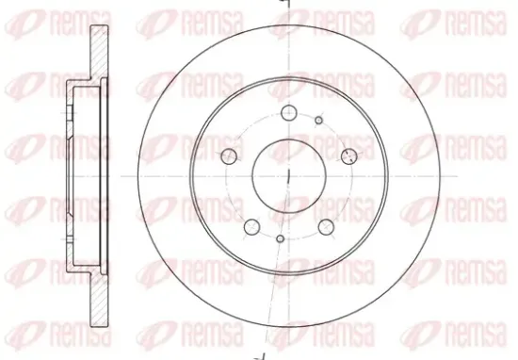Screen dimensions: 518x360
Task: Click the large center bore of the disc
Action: (x=289, y=176)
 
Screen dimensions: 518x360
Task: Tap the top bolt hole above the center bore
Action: (x=289, y=113)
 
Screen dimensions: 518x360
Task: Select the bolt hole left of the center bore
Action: (x=229, y=156)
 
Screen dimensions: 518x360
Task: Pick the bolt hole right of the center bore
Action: (x=349, y=156)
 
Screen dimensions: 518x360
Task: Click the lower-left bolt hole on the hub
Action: (x=252, y=227)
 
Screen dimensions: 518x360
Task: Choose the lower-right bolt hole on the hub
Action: (x=326, y=227)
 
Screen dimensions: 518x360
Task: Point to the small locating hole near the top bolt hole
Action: (x=318, y=121)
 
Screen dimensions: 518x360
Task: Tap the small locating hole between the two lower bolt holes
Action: (x=280, y=238)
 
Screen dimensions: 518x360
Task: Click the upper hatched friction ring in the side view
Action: (x=99, y=52)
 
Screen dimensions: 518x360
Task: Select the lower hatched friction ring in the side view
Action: (x=99, y=300)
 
